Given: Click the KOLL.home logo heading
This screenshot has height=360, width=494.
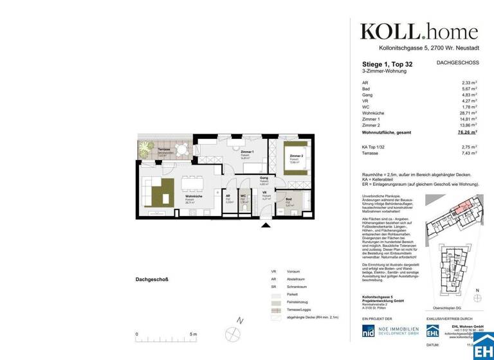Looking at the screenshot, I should click(418, 32).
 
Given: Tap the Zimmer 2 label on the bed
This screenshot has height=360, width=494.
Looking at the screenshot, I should click(296, 156).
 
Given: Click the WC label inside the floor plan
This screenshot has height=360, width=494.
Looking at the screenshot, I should click(243, 196).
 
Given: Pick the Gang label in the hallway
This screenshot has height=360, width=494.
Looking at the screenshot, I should click(264, 178).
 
